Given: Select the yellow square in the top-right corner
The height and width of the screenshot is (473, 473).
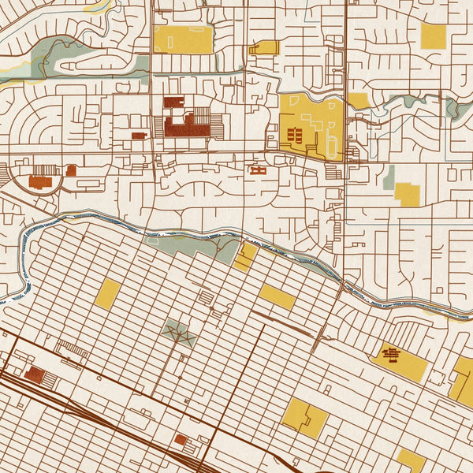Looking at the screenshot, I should [433, 35].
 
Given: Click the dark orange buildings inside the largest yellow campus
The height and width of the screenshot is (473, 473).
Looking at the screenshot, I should [296, 135].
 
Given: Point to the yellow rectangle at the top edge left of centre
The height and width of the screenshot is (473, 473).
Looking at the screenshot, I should [183, 39].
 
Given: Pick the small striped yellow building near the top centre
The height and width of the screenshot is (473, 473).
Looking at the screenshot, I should [264, 47].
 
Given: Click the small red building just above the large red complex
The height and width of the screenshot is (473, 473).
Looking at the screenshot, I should [173, 102].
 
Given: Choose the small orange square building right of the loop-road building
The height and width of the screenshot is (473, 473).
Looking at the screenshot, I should [71, 169].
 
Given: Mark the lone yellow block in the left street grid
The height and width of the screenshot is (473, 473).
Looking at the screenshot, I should [108, 292].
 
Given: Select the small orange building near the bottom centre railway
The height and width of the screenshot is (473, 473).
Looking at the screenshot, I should [181, 439].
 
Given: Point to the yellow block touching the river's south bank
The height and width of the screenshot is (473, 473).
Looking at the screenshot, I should [245, 256].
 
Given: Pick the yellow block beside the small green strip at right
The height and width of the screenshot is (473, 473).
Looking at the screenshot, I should [408, 193].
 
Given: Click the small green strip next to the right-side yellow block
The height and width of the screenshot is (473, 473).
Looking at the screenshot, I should [389, 178].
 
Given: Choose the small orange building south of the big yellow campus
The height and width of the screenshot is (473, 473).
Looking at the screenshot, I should [258, 169].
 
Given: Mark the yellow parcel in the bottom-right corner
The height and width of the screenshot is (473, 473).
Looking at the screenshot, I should [411, 460].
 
